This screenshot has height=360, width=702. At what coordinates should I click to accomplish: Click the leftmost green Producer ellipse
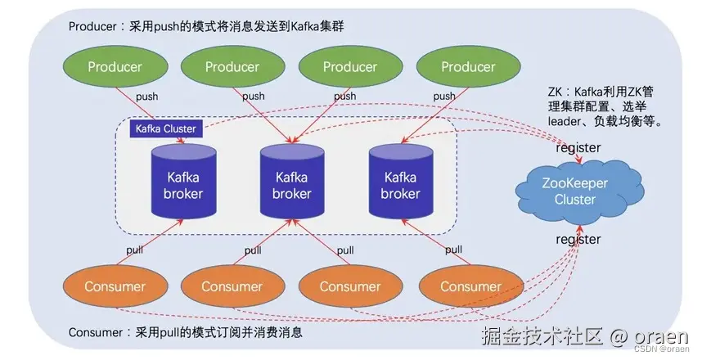115,66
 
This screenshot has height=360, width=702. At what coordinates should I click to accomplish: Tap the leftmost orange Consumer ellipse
115,286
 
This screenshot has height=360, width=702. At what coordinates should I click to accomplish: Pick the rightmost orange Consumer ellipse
470,286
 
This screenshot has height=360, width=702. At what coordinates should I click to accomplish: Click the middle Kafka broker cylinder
292,183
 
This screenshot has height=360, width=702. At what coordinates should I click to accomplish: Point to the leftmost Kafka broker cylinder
184,183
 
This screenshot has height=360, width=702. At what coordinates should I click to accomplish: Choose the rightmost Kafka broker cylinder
401,183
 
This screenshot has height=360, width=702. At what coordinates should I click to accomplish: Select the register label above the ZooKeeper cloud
578,148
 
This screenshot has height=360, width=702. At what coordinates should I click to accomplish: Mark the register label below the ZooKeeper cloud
578,239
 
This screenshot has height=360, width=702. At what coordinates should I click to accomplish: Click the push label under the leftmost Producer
147,97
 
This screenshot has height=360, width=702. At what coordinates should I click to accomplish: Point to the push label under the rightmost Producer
443,97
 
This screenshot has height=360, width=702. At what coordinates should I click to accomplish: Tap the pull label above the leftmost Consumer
135,249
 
